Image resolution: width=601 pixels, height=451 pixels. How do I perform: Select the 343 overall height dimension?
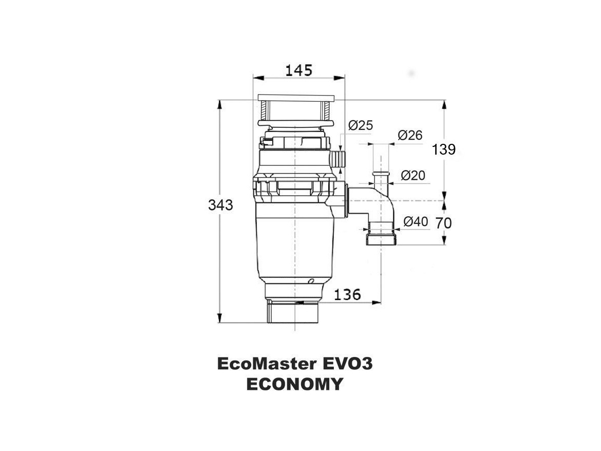(220, 205)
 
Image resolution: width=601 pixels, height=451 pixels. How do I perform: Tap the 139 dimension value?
(444, 149)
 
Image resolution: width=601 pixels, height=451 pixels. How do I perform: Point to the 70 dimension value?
(444, 223)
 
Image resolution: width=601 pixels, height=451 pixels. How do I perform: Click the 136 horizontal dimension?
(347, 295)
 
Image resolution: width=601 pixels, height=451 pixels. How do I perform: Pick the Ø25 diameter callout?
(361, 125)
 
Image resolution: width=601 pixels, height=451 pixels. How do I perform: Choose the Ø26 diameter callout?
(410, 135)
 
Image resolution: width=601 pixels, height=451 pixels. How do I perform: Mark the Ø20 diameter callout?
(412, 176)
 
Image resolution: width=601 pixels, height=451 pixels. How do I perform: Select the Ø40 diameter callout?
(416, 221)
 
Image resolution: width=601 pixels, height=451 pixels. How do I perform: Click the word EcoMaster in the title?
(266, 364)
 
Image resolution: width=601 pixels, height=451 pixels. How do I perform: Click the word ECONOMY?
(294, 384)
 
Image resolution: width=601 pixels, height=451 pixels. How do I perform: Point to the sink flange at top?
(296, 97)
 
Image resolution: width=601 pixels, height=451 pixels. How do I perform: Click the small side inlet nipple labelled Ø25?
(339, 159)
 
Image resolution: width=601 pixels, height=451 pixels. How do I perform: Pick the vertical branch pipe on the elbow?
(381, 180)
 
